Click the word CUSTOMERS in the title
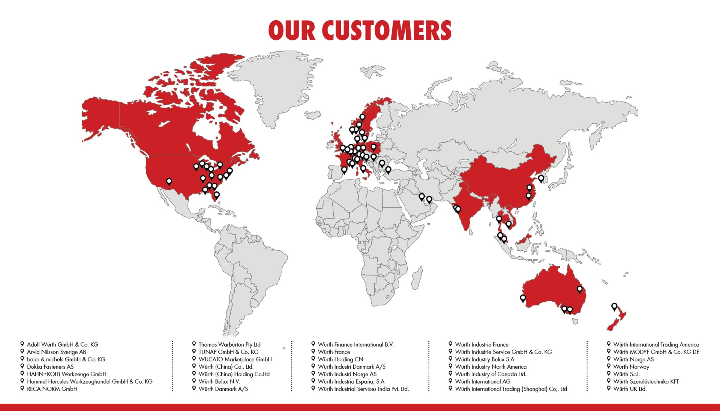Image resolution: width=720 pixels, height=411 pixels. pos(387,30)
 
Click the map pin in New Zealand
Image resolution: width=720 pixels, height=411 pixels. pos(614,307)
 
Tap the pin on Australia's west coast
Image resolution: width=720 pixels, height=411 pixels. pos(523,298)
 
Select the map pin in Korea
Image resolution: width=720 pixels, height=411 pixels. pos(541,178)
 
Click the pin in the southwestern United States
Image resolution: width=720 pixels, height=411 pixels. pos(169,181)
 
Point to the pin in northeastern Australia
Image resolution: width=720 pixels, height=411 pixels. pos(580,289)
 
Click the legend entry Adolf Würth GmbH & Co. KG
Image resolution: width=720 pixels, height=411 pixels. pos(62,344)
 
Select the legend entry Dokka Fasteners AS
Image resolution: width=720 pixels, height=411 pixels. pos(50,366)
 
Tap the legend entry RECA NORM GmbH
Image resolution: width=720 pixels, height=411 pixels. pos(52,389)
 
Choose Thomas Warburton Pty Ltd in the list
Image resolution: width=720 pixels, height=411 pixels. pos(229,344)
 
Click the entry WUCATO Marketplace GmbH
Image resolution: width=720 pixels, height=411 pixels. pos(235,359)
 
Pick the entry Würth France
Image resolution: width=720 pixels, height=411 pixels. pos(334,352)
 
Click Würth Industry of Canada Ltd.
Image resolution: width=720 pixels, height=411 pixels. pos(490,374)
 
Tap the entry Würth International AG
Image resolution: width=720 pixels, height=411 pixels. pos(483,381)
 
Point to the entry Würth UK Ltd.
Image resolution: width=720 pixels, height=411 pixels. pos(630,389)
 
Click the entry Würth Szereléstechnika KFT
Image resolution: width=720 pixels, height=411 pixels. pos(646,381)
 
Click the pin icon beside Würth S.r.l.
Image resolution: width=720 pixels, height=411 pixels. pos(609,374)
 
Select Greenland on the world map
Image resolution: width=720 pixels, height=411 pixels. pos(277,86)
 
